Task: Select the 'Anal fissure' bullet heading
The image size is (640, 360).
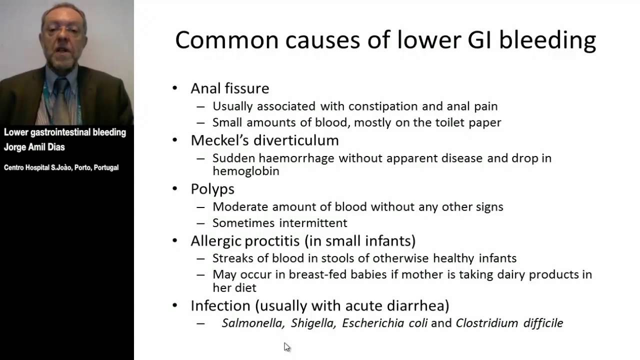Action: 229,88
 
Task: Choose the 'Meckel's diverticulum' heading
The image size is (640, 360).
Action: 264,140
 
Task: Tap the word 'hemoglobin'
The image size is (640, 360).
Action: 245,171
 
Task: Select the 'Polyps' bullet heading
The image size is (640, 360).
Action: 212,189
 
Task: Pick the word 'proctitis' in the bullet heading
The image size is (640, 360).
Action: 272,241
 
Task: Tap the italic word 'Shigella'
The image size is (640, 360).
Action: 313,323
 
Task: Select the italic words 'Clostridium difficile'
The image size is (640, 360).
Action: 509,323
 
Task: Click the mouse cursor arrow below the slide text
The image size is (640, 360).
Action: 286,346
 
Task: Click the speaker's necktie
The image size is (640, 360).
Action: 61,100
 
